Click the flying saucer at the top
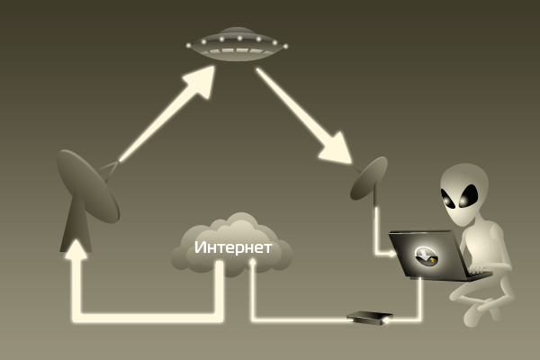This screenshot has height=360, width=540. point(237,44)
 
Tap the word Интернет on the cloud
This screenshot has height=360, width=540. point(232,247)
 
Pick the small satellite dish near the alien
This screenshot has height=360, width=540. point(369,177)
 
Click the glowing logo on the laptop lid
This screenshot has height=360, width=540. point(427,256)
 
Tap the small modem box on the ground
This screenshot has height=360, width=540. point(370,317)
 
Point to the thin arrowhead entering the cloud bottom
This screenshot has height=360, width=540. point(253,263)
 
